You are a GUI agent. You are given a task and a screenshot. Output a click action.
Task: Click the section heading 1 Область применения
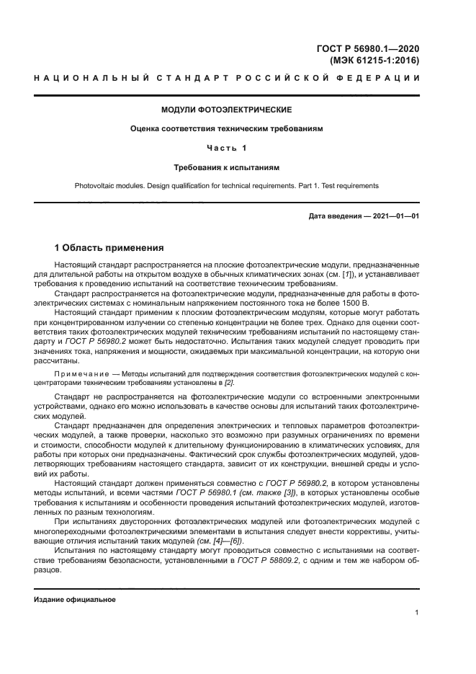[109, 247]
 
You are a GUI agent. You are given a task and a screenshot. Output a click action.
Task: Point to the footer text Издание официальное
[75, 600]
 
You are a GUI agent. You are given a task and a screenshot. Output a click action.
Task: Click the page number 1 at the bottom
[418, 613]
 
